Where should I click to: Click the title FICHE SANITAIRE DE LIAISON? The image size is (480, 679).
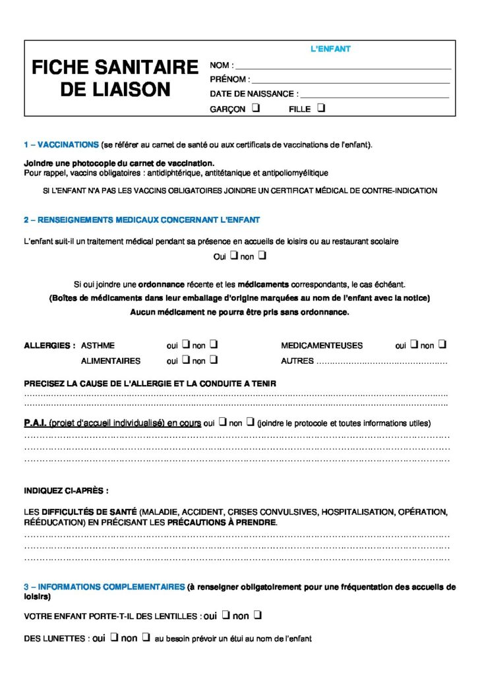pyautogui.click(x=115, y=78)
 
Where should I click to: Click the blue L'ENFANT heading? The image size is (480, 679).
pyautogui.click(x=330, y=49)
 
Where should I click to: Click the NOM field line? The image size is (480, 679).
pyautogui.click(x=343, y=67)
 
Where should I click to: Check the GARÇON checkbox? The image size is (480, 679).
pyautogui.click(x=255, y=108)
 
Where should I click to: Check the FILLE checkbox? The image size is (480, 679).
pyautogui.click(x=321, y=108)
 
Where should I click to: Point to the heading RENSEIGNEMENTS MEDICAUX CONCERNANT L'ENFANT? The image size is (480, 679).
pyautogui.click(x=142, y=220)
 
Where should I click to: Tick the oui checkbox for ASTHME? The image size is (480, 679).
pyautogui.click(x=185, y=344)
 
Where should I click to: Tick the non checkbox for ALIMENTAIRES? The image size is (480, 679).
pyautogui.click(x=214, y=359)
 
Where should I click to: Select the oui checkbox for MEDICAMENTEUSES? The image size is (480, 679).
pyautogui.click(x=413, y=344)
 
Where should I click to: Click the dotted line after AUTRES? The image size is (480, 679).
pyautogui.click(x=382, y=362)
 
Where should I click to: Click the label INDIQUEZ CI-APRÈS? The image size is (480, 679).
pyautogui.click(x=66, y=491)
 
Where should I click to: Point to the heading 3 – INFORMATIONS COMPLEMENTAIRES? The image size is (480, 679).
pyautogui.click(x=104, y=587)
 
